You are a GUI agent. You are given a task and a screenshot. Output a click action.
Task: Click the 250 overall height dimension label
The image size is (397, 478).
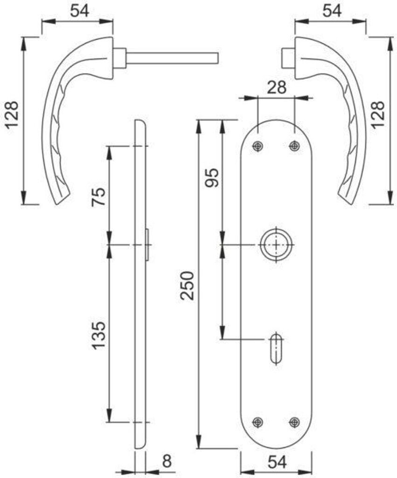(187, 285)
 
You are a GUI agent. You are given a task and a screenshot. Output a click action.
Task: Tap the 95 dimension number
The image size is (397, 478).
(212, 178)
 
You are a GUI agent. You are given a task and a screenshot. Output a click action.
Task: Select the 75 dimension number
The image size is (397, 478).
(99, 197)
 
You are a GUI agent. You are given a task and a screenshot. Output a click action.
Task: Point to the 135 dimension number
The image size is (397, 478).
(99, 335)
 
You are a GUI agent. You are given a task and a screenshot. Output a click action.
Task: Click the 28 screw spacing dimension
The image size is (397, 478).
(277, 87)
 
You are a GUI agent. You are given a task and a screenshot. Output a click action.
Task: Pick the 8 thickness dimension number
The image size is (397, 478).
(167, 461)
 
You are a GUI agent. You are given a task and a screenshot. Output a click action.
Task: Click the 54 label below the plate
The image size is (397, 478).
(277, 462)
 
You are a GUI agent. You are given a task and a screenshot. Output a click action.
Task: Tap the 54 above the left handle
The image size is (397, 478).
(80, 11)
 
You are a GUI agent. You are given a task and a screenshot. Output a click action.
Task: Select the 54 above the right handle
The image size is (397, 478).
(332, 11)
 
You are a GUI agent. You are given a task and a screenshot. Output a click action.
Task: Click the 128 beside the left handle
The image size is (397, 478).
(13, 115)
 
